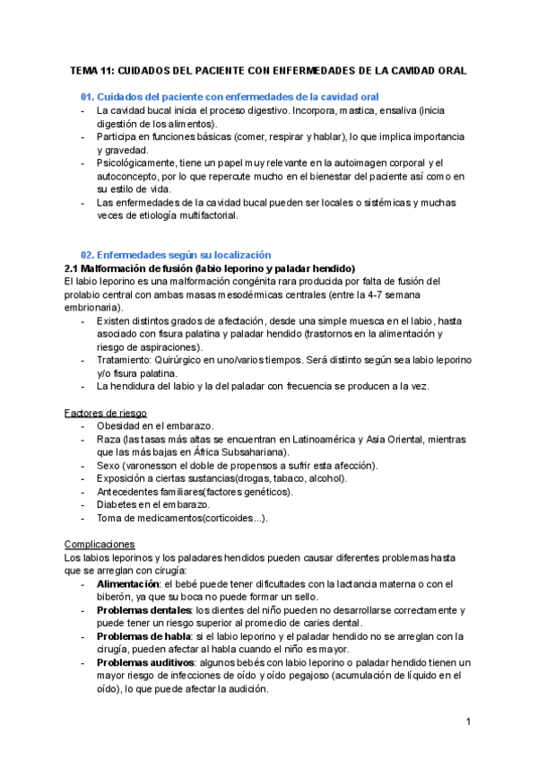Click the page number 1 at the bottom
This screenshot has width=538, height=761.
[469, 722]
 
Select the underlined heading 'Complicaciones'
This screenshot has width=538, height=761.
[100, 544]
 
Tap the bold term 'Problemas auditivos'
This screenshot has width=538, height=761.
[145, 662]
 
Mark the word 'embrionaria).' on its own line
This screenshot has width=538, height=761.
[93, 308]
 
